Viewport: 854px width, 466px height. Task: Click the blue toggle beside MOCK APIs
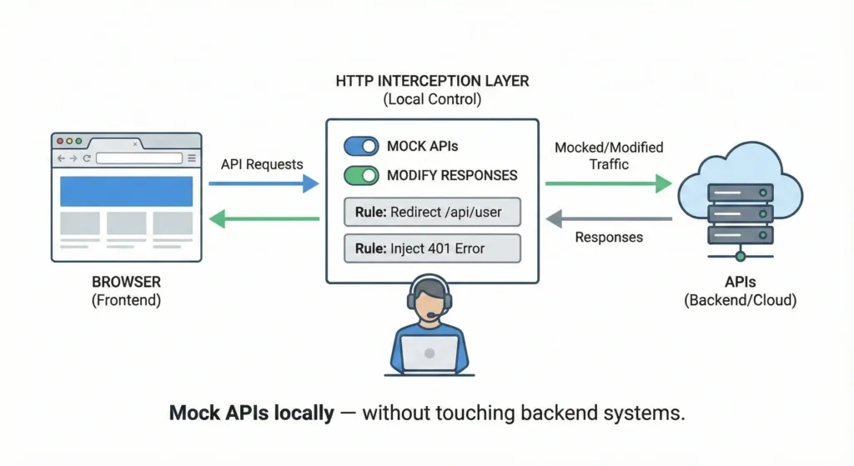coord(361,147)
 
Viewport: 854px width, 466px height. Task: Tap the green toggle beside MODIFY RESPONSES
coord(361,176)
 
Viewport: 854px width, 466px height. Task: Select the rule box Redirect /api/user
coord(432,212)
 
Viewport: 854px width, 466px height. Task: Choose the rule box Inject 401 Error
coord(432,248)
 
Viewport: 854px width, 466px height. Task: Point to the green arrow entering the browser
coord(264,219)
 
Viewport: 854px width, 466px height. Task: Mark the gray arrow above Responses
coord(608,219)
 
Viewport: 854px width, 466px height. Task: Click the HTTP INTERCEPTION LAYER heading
coord(431,82)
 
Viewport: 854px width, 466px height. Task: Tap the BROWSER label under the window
coord(127,282)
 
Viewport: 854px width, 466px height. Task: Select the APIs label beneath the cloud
coord(740,282)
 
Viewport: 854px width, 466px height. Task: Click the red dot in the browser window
coord(59,142)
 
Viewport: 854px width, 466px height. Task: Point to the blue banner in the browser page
coord(126,191)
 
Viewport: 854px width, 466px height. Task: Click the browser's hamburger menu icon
coord(192,158)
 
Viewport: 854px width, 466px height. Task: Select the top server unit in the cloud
coord(740,192)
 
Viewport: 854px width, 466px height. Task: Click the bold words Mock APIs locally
coord(251,413)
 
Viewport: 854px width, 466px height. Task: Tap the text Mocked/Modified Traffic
coord(609,156)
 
